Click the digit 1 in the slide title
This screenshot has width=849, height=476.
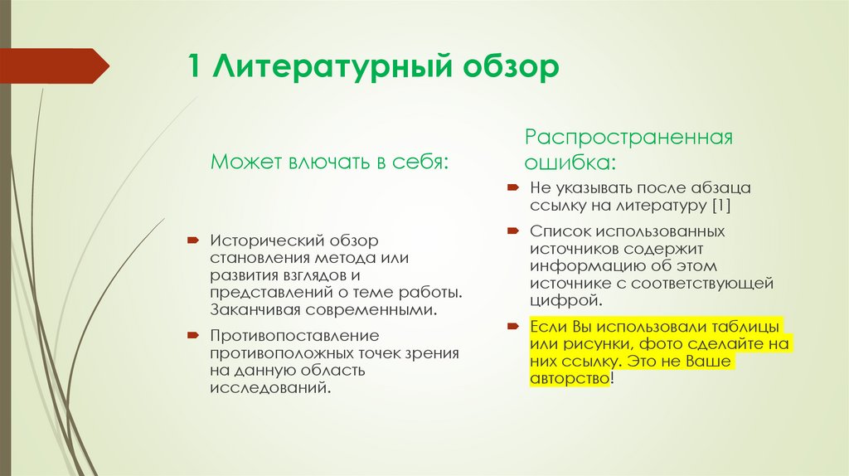(x=196, y=67)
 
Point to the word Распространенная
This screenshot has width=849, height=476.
(x=628, y=137)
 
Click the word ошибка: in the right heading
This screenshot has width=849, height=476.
(x=569, y=161)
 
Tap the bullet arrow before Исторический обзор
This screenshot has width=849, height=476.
(x=192, y=240)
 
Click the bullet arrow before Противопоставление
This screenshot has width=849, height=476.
(x=192, y=335)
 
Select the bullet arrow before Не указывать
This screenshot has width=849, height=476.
(x=512, y=188)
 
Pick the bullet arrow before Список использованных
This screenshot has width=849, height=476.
(x=512, y=229)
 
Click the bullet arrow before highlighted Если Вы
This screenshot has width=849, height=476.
(x=512, y=323)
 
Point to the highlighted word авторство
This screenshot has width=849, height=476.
(x=569, y=378)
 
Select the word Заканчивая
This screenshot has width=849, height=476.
(x=251, y=310)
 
